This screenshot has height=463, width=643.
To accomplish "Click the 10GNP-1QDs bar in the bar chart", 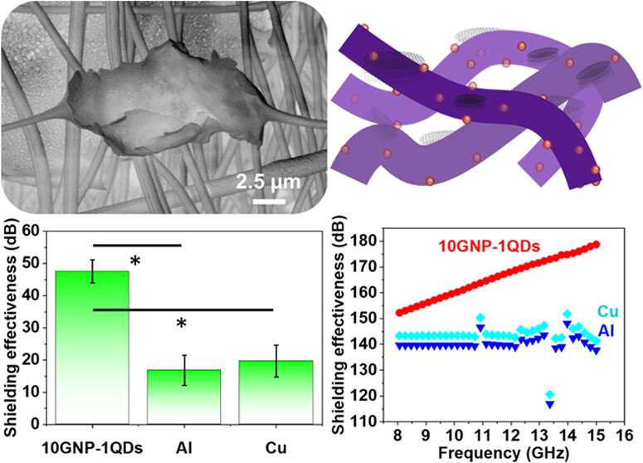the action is point(92,348).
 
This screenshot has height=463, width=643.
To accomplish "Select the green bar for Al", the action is point(184,397).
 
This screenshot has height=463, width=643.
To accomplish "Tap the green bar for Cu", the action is point(276,392).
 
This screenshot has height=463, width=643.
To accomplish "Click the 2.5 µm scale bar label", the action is point(269,182).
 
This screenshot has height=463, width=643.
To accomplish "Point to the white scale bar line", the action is point(269,202).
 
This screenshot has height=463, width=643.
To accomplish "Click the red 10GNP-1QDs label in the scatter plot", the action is point(490,246).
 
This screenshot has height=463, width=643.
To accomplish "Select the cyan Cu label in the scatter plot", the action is point(607,312).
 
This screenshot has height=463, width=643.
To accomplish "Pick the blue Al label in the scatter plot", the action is point(606,330).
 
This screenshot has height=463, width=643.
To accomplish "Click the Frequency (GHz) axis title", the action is point(504,453).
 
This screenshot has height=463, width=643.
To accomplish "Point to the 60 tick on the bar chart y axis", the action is point(34,231).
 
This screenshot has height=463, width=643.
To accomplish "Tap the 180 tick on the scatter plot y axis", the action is point(364,241).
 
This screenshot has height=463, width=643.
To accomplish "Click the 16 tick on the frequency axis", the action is point(625,435).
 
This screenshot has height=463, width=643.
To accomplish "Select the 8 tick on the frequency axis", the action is point(397,435).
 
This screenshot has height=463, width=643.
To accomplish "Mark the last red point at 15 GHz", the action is point(597,245).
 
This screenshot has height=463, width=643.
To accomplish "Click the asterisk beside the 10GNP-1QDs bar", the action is point(135,261).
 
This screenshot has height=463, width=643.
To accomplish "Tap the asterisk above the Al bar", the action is point(181,324).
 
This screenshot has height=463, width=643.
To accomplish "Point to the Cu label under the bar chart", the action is point(276,448).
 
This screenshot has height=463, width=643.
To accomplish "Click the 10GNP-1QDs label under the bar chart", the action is point(92,448).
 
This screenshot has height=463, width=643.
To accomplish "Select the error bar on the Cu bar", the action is point(276,361).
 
